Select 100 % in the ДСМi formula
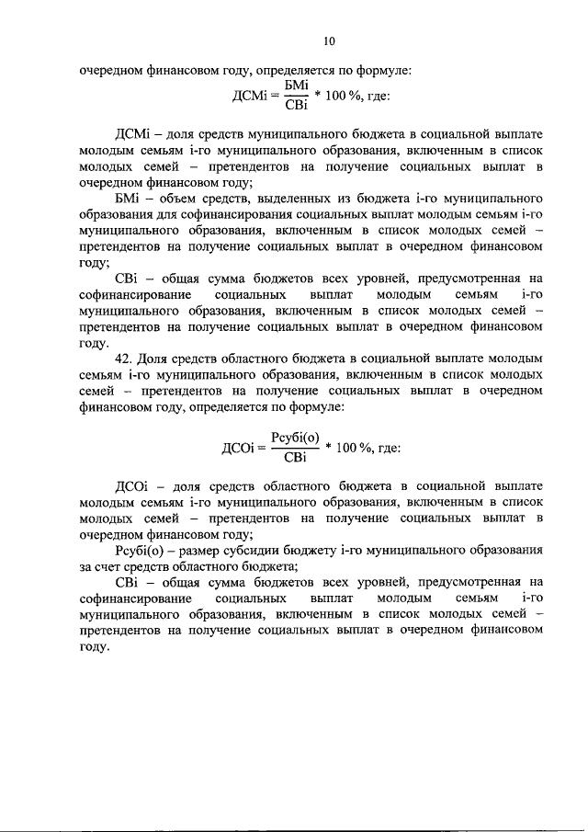click(353, 95)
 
